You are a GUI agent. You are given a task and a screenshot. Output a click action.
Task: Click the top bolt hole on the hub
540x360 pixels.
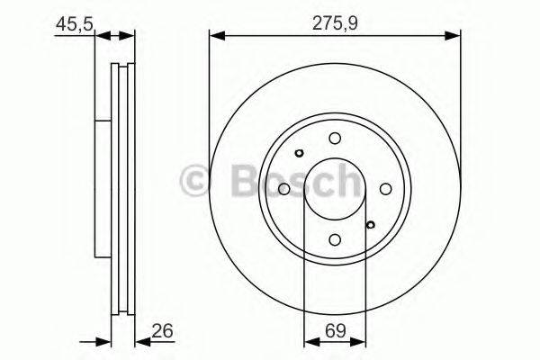tap(335, 138)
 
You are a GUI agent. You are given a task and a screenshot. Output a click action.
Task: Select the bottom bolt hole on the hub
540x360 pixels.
tap(335, 239)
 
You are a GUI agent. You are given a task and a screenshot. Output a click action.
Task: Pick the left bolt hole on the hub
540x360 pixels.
tap(283, 189)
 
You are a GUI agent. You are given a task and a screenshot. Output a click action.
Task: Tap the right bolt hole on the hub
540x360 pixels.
tap(386, 189)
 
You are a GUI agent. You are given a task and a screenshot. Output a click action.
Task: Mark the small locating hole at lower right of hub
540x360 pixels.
tap(370, 224)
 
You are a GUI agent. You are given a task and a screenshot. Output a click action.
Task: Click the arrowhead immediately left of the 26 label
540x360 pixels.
tap(141, 341)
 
